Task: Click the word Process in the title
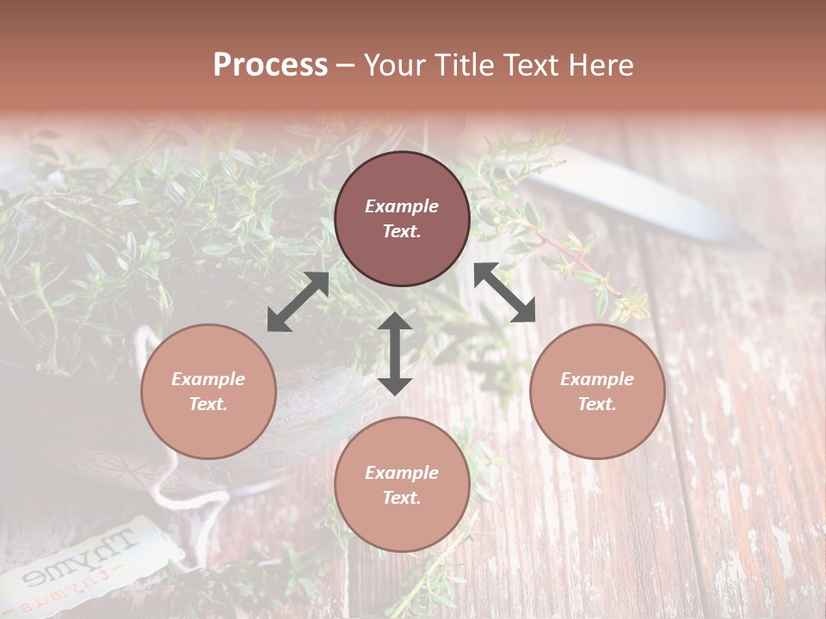click(270, 65)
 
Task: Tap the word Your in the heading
click(395, 65)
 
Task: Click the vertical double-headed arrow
click(395, 353)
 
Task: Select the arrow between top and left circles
click(298, 302)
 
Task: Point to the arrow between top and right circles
click(504, 292)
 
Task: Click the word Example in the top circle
click(402, 206)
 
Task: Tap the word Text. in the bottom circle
click(402, 498)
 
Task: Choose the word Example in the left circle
click(208, 379)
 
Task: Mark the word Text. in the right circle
click(597, 404)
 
